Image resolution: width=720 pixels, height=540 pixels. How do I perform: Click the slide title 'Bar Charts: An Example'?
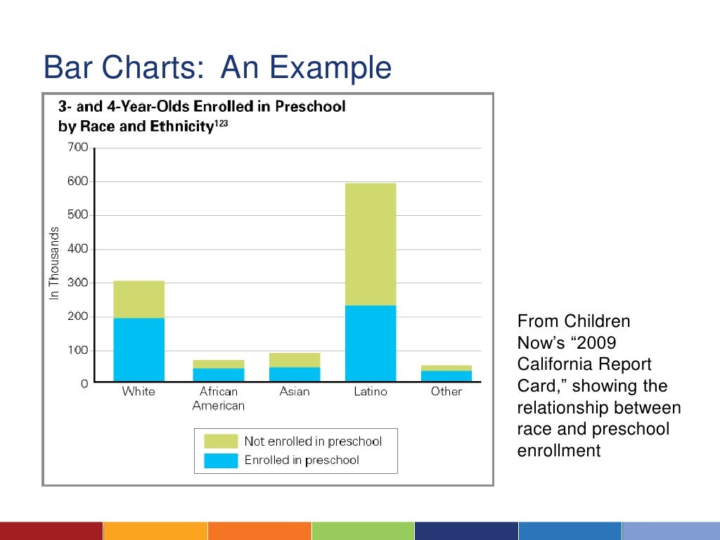coord(217,68)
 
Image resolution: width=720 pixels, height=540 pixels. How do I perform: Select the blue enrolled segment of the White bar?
coord(139,349)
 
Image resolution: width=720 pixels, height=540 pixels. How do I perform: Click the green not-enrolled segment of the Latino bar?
coord(371,244)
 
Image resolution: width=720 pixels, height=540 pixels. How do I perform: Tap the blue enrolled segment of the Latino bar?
coord(371,343)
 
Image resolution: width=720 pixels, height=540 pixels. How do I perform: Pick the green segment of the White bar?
coord(139,299)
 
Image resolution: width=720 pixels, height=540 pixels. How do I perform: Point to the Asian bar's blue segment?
coord(294,374)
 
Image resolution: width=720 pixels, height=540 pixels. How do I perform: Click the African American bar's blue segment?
coord(218,375)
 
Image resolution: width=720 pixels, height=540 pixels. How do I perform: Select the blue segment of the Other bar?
coord(446,375)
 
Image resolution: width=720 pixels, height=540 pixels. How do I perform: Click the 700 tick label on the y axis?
coord(77,148)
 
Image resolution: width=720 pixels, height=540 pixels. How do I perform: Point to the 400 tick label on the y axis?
coord(77,249)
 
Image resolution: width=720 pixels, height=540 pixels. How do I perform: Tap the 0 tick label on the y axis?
coord(84,384)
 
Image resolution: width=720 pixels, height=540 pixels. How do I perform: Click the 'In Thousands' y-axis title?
coord(54,264)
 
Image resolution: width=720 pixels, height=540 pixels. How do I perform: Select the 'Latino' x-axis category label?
coord(370,392)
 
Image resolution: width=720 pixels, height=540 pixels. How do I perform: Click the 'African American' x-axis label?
coord(218,399)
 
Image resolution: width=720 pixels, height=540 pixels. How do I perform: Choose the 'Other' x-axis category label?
coord(446,392)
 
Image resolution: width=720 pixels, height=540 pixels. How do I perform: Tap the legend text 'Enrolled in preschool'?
coord(302,461)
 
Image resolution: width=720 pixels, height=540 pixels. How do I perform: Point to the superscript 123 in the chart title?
coord(221,124)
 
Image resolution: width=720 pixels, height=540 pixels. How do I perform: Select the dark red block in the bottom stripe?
coord(51,531)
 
